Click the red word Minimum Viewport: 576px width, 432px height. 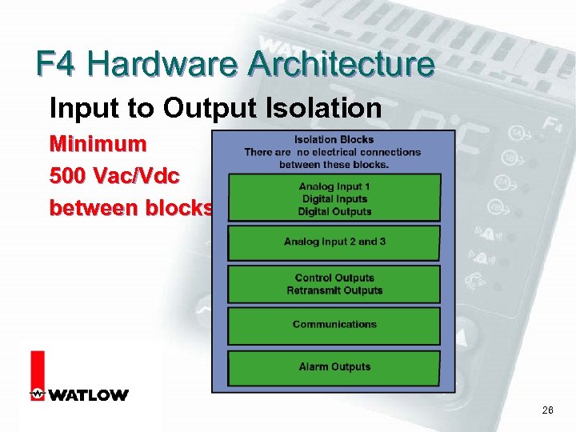click(98, 144)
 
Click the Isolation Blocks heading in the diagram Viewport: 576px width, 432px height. click(334, 138)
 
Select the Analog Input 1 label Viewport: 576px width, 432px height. click(334, 186)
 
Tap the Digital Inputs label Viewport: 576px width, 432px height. click(334, 199)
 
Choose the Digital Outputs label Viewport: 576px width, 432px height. click(334, 212)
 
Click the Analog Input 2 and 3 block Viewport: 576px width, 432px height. click(334, 242)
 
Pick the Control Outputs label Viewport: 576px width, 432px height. click(334, 278)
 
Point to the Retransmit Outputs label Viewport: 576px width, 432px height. click(334, 290)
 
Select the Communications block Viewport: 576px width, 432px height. click(334, 325)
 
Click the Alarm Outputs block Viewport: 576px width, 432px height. click(334, 367)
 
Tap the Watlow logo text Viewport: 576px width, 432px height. click(88, 395)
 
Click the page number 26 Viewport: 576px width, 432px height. click(548, 410)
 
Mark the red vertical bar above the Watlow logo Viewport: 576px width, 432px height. click(38, 370)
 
